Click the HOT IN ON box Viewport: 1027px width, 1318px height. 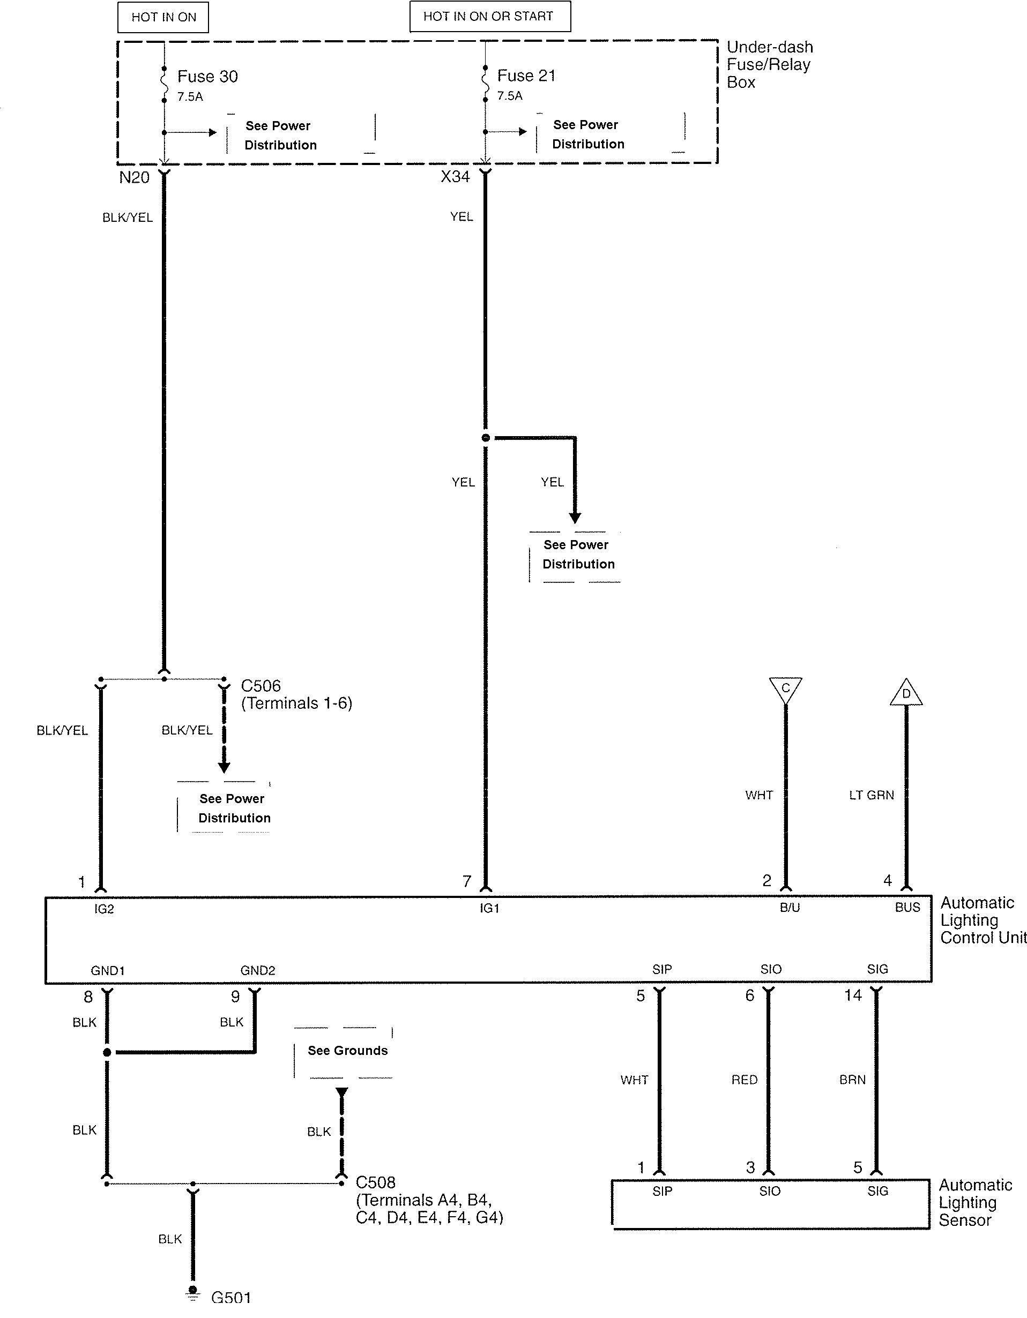(x=163, y=18)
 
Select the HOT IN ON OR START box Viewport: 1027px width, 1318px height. (x=489, y=16)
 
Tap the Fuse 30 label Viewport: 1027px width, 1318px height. (x=207, y=77)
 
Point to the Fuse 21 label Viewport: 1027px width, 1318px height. (x=526, y=76)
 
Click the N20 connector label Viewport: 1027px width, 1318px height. (x=134, y=177)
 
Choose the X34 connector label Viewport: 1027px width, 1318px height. (x=455, y=177)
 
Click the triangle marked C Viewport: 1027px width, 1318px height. (x=785, y=688)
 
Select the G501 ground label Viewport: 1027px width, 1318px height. (x=230, y=1309)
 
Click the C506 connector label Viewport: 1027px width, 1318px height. (x=261, y=686)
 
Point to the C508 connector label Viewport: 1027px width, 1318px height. (x=376, y=1182)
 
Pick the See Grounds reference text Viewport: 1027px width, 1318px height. (x=348, y=1051)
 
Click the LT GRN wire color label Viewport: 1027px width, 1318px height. (x=871, y=796)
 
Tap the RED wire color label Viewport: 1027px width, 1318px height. (x=745, y=1080)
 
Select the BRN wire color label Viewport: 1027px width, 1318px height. (x=852, y=1080)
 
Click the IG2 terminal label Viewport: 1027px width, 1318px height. (x=104, y=909)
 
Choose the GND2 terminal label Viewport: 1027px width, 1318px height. (x=258, y=970)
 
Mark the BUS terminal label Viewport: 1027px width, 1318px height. (x=907, y=908)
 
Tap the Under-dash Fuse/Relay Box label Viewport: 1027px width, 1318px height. (x=769, y=65)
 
